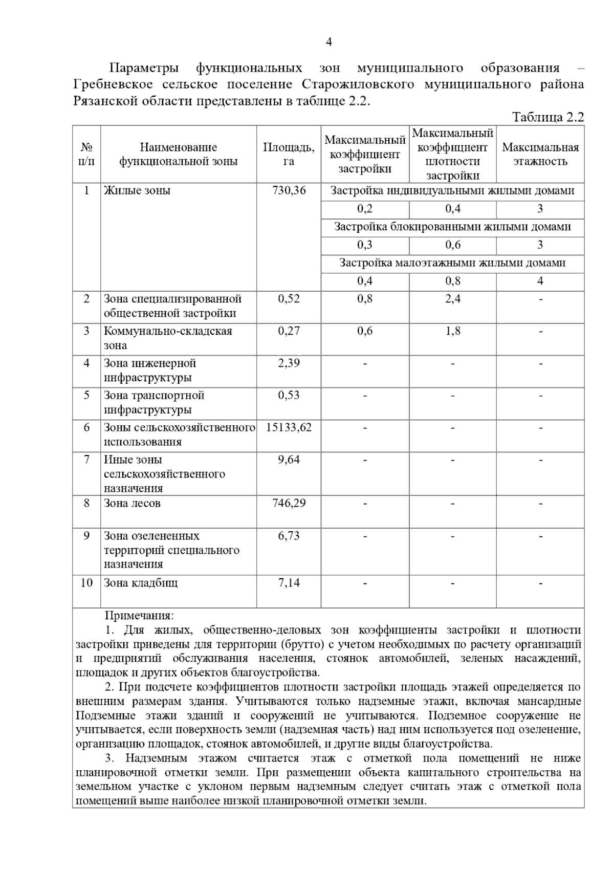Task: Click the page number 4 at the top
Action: coord(329,42)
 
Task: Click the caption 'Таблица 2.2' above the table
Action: coord(548,117)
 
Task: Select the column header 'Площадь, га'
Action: coord(289,154)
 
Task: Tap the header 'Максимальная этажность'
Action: coord(540,154)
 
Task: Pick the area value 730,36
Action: coord(289,190)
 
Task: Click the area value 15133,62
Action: coord(289,427)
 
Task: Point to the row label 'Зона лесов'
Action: coord(132,503)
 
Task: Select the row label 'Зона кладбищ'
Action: coord(141,582)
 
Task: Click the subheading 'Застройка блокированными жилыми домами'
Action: coord(452,226)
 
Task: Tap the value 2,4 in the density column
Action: coord(453,298)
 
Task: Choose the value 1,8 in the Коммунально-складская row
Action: coord(453,331)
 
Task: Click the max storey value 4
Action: coord(540,280)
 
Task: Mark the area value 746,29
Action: coord(289,503)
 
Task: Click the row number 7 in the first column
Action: coord(86,459)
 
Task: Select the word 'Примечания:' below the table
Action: coord(139,616)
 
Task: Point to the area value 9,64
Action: coord(289,459)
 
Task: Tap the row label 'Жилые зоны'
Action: coord(137,190)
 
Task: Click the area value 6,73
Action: coord(289,536)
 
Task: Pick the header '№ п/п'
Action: coord(86,154)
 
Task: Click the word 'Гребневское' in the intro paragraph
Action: coord(111,84)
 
